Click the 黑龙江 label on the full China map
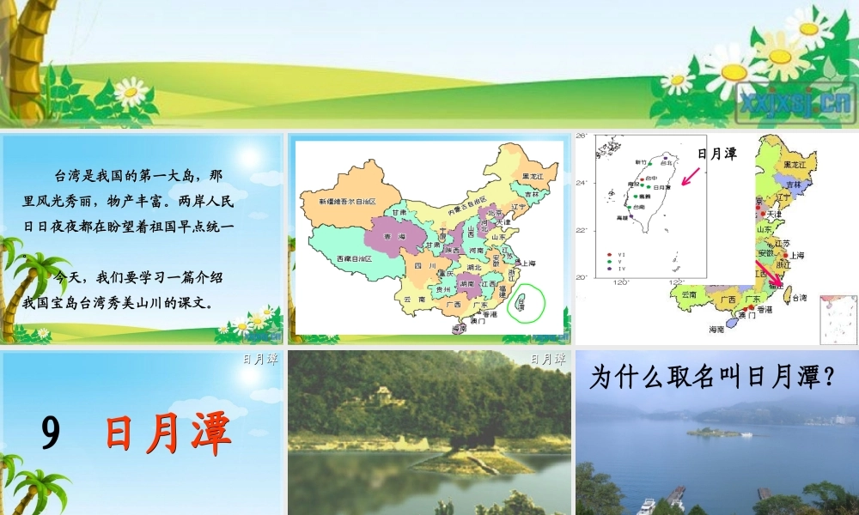coord(533,176)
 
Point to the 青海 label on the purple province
coord(395,236)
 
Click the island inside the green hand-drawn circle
coord(521,302)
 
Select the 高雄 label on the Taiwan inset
coord(622,218)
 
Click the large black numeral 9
coord(51,434)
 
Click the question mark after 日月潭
coord(829,378)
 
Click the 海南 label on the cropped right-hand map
coord(716,329)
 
